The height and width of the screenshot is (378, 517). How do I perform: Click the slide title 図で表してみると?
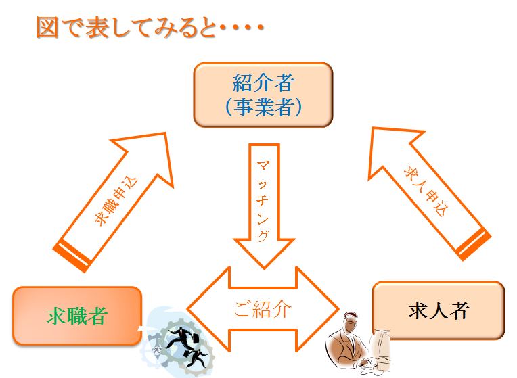coord(127,28)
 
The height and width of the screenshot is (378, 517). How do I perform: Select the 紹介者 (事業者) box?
coord(263,95)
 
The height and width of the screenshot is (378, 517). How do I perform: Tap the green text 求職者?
coord(77,316)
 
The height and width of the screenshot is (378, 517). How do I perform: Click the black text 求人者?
coord(439,310)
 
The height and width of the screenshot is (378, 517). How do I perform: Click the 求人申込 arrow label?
coord(426,191)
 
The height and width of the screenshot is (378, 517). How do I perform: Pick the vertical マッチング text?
coord(263,201)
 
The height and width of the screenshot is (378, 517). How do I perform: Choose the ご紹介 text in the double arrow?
coord(263,310)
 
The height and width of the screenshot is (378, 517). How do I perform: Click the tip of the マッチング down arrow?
coord(264,268)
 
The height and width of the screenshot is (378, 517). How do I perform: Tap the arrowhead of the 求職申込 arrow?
coord(165,133)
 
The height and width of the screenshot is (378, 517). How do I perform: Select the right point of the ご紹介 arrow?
coord(338,309)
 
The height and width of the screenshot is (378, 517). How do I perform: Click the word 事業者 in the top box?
coord(263,107)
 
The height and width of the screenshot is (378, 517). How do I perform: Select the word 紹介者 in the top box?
coord(263,82)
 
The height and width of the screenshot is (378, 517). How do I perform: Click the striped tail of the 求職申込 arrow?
coord(73,256)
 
